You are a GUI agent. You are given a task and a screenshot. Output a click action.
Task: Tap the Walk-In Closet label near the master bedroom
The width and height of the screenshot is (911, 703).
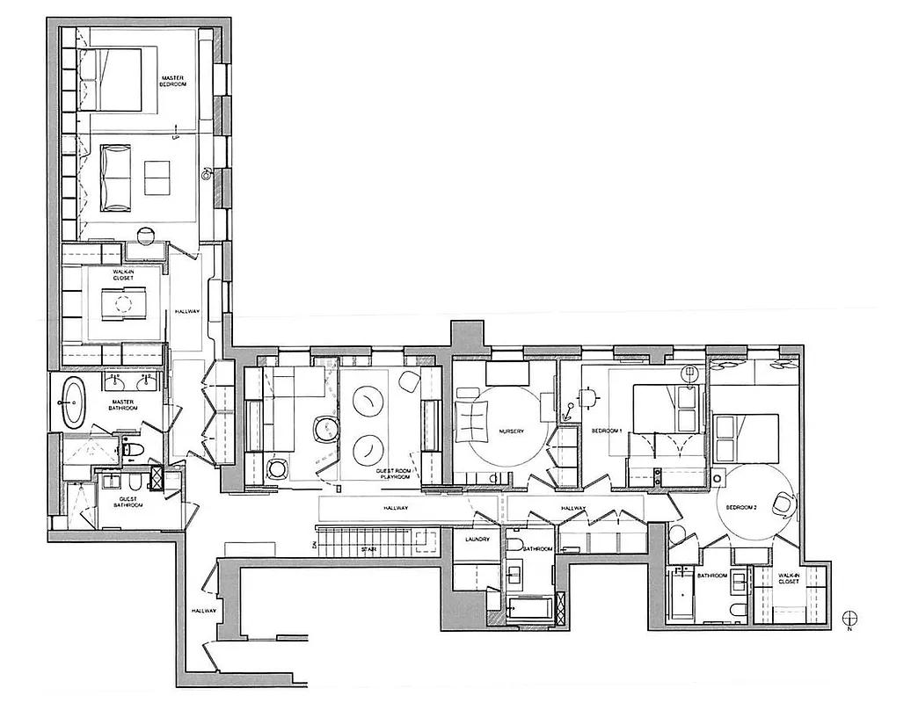point(122,276)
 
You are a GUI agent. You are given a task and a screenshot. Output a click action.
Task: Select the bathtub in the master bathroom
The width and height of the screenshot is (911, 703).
point(73,403)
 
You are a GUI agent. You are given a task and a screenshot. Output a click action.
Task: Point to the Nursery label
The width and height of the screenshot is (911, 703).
point(511,431)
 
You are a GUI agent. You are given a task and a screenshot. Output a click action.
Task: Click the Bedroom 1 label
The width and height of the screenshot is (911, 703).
point(607,431)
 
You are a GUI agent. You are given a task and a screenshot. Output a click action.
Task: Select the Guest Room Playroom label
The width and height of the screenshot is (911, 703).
point(393,475)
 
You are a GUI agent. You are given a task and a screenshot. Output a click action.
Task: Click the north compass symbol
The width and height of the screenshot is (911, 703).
point(849,619)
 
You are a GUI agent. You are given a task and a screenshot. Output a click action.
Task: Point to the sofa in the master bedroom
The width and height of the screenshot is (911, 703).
point(116,177)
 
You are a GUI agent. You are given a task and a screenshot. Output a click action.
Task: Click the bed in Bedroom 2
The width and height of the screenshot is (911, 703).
point(746,438)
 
